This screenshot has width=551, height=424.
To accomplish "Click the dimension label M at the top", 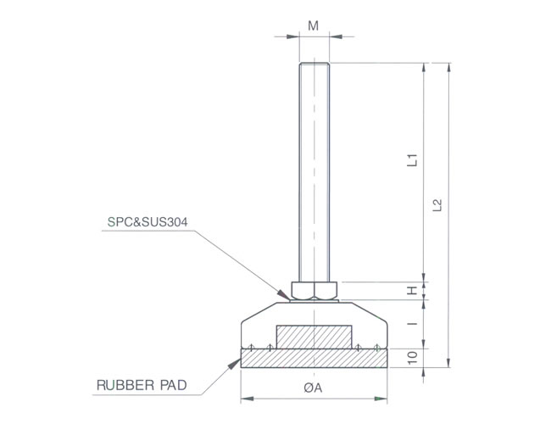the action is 313,25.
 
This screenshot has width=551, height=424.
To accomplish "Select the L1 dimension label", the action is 412,160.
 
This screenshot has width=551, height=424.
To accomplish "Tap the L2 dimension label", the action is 437,205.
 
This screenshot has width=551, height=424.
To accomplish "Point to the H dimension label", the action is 412,290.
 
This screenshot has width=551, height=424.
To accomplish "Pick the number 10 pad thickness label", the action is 413,358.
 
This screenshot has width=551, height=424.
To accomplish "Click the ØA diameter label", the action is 313,388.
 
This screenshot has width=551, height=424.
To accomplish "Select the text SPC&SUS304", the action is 147,222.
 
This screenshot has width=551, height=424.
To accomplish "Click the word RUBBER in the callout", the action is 125,385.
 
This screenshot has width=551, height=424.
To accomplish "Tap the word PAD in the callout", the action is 173,385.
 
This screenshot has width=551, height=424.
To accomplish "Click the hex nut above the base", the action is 314,290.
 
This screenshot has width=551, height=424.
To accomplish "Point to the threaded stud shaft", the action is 314,172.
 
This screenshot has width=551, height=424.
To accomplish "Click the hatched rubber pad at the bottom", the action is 314,358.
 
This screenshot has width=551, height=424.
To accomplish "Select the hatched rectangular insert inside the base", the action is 314,337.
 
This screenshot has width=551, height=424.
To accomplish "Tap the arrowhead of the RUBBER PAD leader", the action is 234,364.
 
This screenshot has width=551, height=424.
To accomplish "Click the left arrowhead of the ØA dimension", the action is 247,399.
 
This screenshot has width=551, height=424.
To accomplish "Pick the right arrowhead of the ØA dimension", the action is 381,399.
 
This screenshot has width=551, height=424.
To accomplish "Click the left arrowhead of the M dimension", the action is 292,36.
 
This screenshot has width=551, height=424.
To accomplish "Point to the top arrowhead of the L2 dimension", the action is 448,69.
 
